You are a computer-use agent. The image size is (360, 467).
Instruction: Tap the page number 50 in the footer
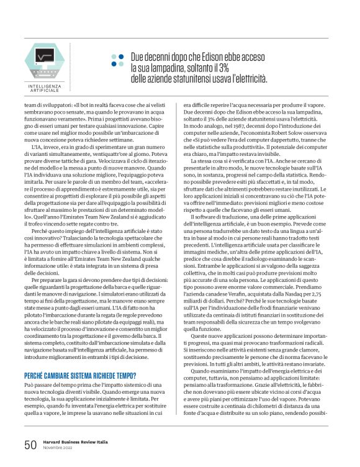click(30, 445)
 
